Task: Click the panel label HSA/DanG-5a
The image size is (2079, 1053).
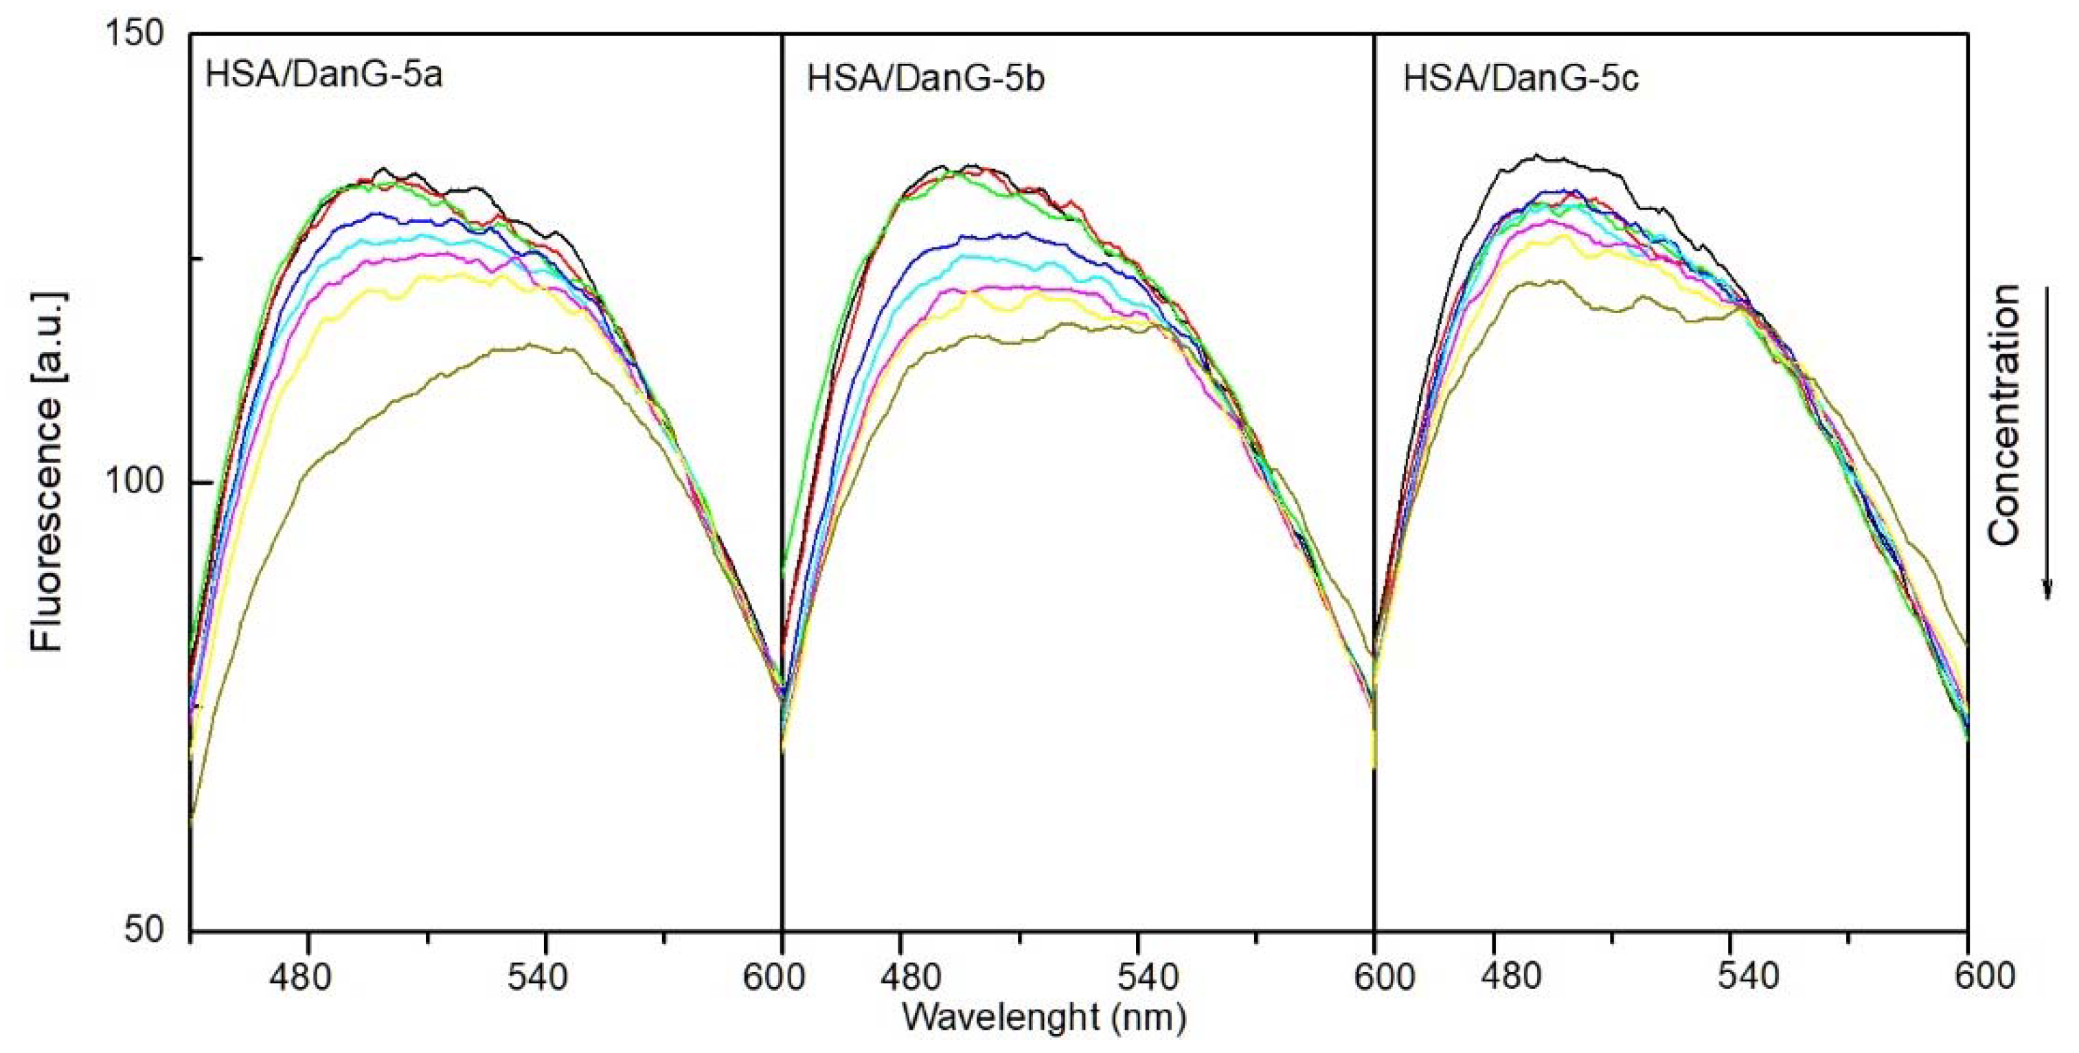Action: click(324, 76)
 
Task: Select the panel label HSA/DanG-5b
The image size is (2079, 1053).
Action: click(926, 81)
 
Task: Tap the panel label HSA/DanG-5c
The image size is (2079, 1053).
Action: click(1521, 80)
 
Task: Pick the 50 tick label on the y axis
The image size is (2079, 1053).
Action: click(143, 930)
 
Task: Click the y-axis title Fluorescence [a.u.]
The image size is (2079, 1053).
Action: click(47, 470)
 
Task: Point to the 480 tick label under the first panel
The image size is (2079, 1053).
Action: click(308, 977)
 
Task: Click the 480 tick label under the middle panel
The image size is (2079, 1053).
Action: click(900, 977)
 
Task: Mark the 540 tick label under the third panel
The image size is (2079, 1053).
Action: click(1730, 977)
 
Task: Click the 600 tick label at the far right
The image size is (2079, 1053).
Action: click(1968, 977)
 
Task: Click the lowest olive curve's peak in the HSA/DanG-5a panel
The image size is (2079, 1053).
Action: click(530, 345)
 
